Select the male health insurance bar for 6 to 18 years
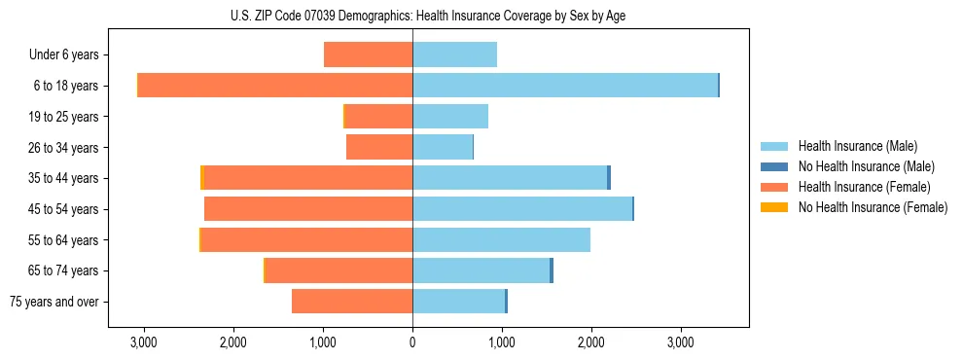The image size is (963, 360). (x=564, y=86)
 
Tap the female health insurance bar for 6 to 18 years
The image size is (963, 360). (x=275, y=86)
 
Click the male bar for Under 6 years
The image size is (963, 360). (x=454, y=54)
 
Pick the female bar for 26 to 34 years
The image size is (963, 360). (x=379, y=147)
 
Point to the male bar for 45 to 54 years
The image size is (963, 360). (x=522, y=208)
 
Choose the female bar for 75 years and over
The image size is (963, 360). (x=352, y=302)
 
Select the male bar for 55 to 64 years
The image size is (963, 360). (x=501, y=239)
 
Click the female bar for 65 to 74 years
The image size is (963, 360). (x=339, y=270)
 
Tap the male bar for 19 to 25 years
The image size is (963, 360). (x=450, y=117)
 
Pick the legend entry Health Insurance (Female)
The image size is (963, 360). (x=864, y=187)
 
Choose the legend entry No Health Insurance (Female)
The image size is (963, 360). (x=873, y=207)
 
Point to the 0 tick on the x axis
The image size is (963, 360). (x=412, y=342)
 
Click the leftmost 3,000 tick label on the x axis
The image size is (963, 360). (x=143, y=342)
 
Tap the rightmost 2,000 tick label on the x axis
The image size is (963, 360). (x=591, y=342)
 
